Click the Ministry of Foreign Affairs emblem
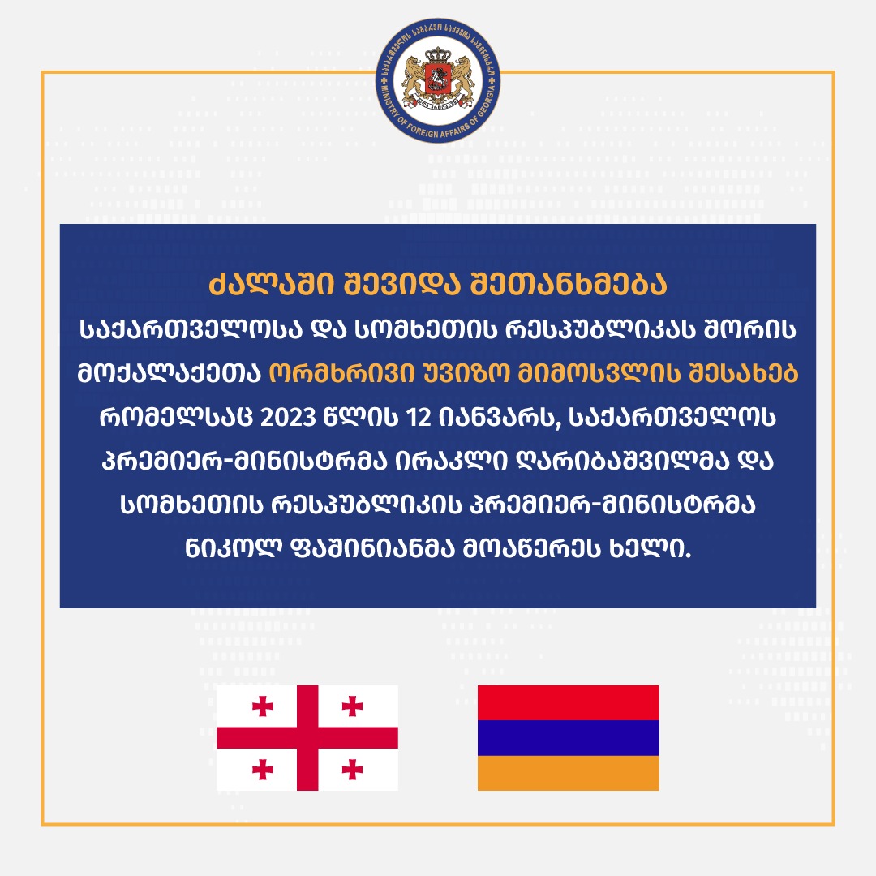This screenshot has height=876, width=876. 438,79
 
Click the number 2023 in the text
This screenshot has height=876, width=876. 288,418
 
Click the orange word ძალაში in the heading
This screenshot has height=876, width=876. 272,285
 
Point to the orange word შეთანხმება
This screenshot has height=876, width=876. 569,285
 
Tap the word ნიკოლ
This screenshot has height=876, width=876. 233,549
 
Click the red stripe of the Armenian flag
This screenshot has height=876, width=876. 568,702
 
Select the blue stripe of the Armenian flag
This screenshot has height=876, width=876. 568,738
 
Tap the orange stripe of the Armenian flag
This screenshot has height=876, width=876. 568,773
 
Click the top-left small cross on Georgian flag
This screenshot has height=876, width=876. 262,706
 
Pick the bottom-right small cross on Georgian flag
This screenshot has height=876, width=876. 352,769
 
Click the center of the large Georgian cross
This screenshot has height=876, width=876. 307,737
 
